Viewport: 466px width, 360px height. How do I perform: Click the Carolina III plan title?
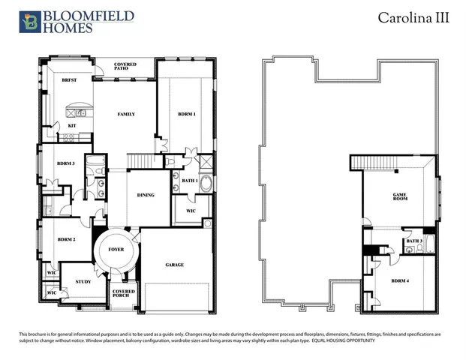pos(413,18)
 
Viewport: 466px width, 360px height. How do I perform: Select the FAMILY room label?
pos(125,114)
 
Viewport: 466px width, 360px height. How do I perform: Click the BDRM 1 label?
pos(187,113)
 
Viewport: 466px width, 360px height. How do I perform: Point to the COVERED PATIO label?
pos(125,67)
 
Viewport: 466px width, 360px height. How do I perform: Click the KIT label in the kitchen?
pos(72,125)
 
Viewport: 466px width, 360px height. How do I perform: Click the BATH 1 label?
pos(189,181)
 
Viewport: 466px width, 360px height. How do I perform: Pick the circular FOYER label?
pos(116,249)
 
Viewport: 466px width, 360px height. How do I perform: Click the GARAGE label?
pos(175,264)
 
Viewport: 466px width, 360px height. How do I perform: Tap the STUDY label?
pos(83,282)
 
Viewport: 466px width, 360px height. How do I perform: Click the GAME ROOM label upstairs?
pos(400,197)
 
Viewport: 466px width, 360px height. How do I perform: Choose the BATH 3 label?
pos(414,241)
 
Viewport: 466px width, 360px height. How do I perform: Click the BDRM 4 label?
pos(400,280)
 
